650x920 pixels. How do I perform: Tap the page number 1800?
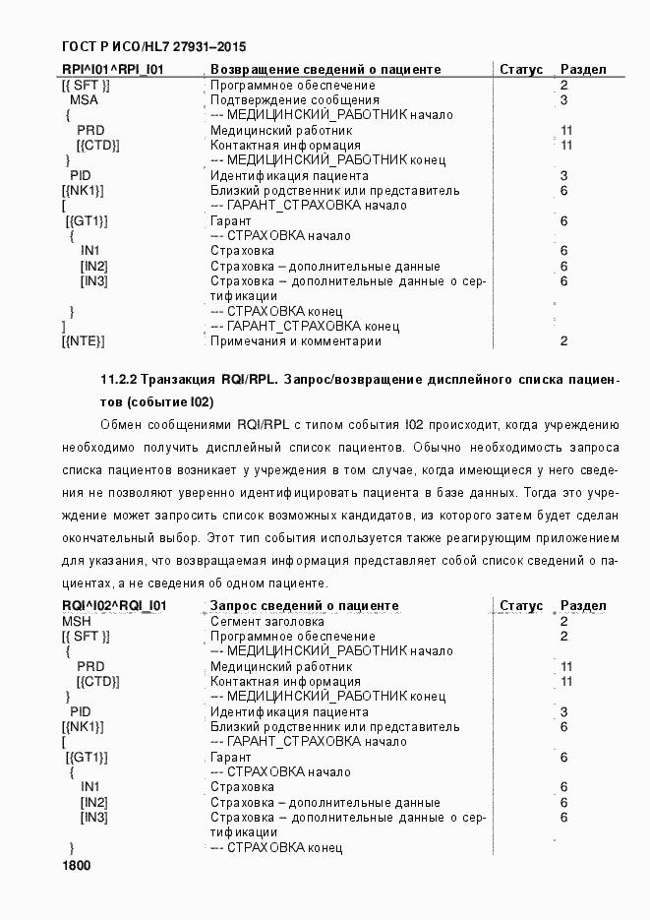(76, 866)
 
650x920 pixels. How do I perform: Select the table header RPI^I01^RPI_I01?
(112, 70)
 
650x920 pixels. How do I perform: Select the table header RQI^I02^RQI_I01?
(114, 606)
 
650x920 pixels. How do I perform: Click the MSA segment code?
(84, 100)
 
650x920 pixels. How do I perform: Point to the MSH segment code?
(76, 622)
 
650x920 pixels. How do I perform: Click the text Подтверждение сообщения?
(295, 100)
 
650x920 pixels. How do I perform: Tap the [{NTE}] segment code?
(83, 341)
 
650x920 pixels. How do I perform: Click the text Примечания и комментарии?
(296, 341)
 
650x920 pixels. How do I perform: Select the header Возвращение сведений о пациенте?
(325, 70)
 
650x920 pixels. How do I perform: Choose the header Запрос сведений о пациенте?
(305, 606)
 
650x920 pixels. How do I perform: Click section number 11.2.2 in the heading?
(119, 379)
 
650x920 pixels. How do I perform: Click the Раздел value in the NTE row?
(563, 341)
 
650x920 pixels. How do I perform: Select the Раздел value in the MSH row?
(563, 622)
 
